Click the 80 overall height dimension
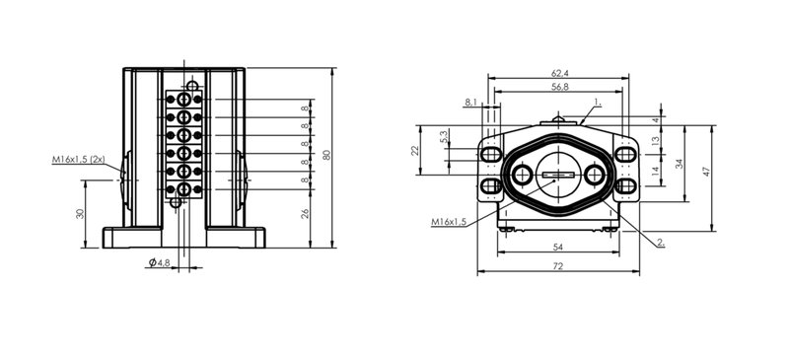tap(327, 155)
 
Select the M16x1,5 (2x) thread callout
tap(79, 160)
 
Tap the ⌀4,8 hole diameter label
tap(160, 262)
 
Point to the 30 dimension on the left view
tap(79, 213)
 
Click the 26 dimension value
tap(305, 213)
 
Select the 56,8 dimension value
tap(560, 87)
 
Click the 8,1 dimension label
tap(471, 103)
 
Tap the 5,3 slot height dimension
tap(443, 136)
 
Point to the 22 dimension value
tap(415, 150)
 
